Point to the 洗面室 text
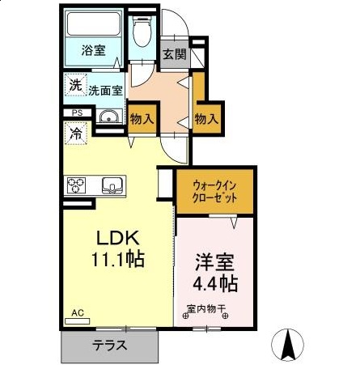tap(105, 91)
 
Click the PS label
tap(77, 112)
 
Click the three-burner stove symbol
tap(77, 185)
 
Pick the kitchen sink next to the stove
tap(110, 185)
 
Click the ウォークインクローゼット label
tap(216, 189)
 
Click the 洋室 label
tap(215, 264)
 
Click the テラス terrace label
tap(108, 346)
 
